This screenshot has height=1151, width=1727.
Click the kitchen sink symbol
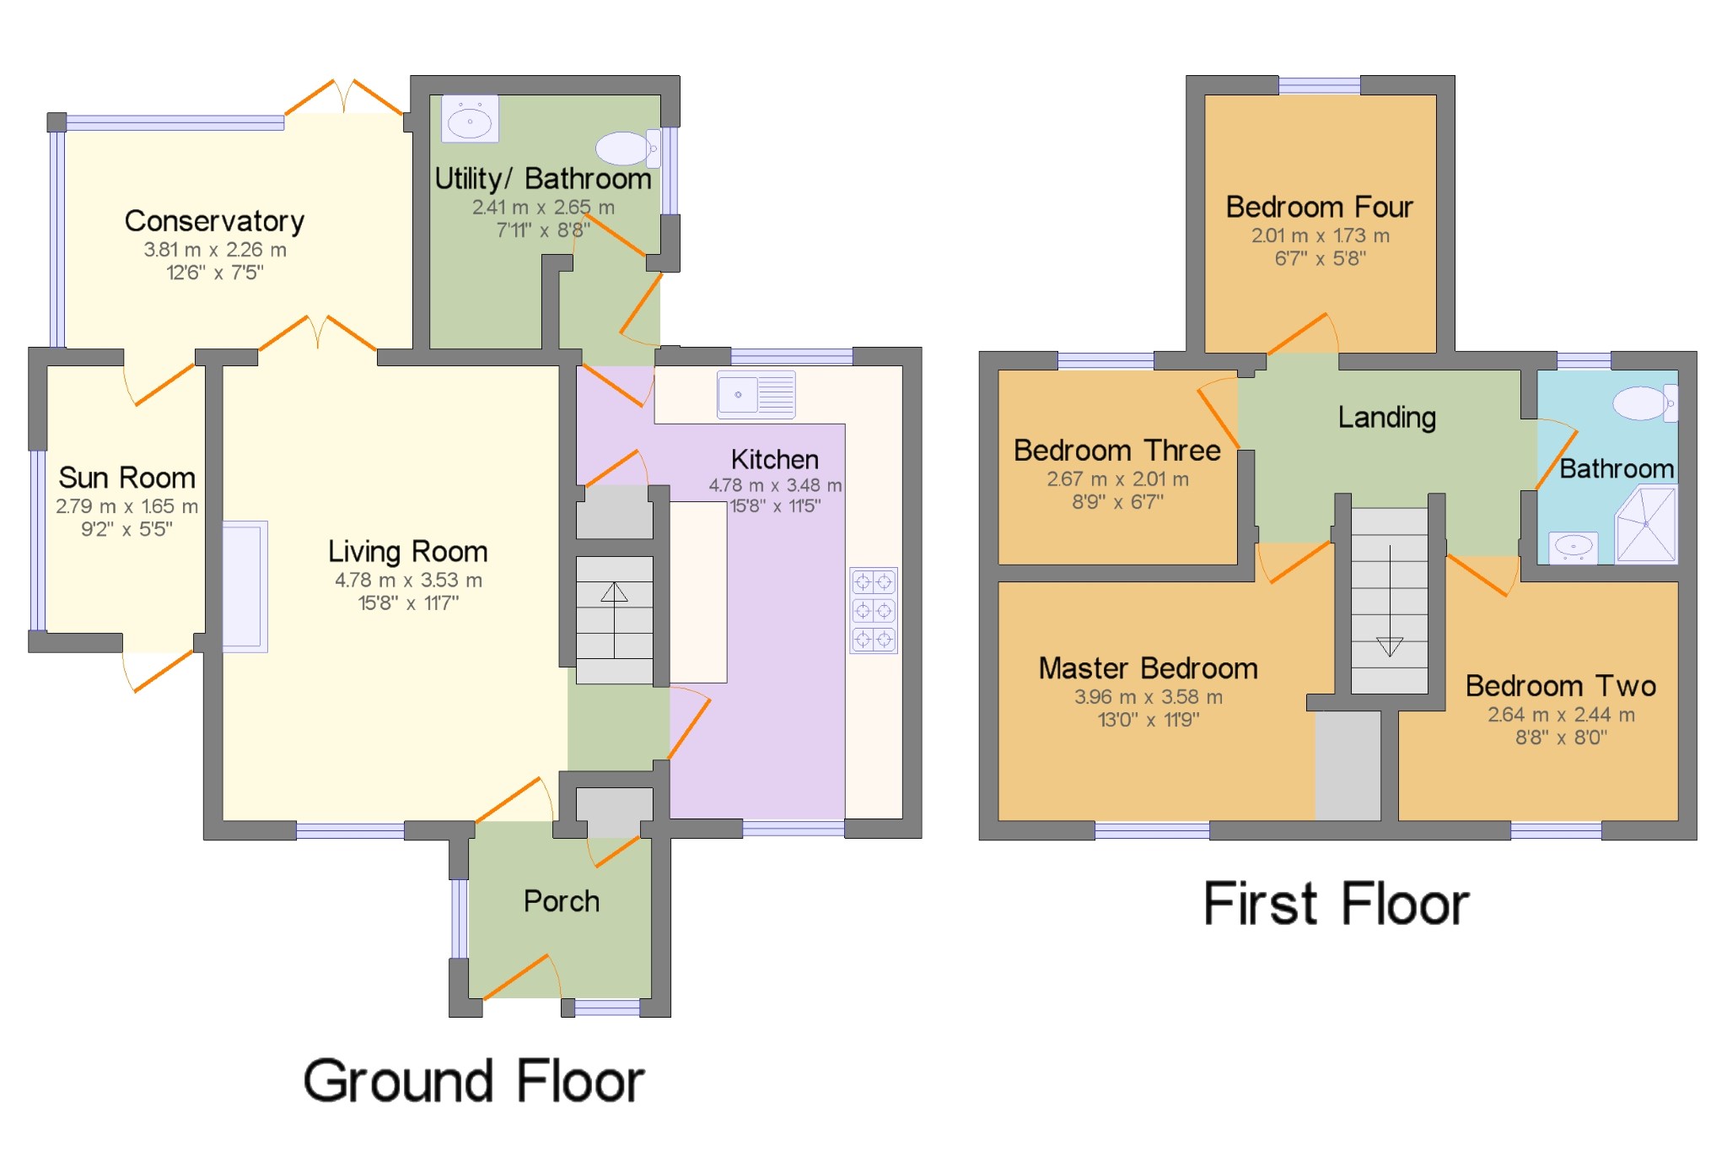tap(756, 395)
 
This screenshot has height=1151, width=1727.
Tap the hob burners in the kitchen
tap(873, 610)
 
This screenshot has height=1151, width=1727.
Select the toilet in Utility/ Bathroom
tap(627, 149)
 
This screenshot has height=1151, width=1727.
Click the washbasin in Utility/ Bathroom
tap(470, 120)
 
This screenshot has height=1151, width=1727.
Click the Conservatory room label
tap(214, 221)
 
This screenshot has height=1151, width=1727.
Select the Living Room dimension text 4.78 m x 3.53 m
tap(408, 581)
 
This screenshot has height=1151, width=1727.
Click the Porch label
tap(561, 901)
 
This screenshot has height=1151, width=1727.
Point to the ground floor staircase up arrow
tap(614, 593)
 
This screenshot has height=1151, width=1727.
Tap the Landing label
tap(1386, 417)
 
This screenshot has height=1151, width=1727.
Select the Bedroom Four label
tap(1319, 207)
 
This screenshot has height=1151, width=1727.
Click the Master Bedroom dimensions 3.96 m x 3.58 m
tap(1148, 697)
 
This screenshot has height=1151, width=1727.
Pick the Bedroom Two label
tap(1560, 685)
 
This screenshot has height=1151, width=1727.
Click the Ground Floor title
tap(473, 1081)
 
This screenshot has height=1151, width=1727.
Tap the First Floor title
tap(1336, 905)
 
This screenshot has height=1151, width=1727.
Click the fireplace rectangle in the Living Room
tap(245, 586)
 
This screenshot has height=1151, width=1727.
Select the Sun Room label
tap(126, 478)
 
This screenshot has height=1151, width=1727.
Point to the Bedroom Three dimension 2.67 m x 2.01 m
tap(1117, 479)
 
